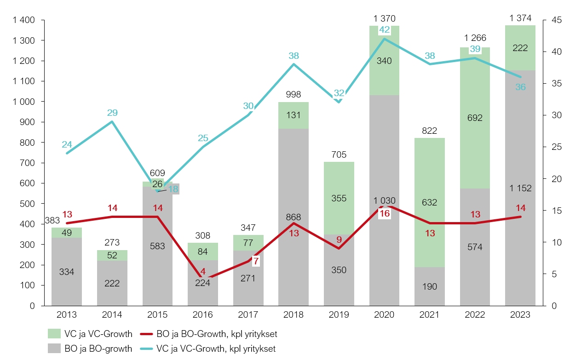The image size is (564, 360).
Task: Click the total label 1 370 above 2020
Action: [x=384, y=18]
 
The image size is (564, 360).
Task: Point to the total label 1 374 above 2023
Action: [x=520, y=18]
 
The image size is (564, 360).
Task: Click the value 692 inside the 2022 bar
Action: [x=475, y=118]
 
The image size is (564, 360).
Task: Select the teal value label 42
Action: [x=384, y=30]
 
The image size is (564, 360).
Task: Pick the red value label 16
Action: [x=384, y=213]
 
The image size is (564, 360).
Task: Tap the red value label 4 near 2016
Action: [x=203, y=272]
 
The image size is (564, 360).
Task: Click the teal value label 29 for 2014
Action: [x=112, y=113]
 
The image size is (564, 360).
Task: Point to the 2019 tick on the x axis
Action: [x=339, y=315]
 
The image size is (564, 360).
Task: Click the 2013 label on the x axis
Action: [x=67, y=315]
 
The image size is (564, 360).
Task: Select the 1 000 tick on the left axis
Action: [x=24, y=102]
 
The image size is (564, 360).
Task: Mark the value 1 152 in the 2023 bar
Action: [x=520, y=188]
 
